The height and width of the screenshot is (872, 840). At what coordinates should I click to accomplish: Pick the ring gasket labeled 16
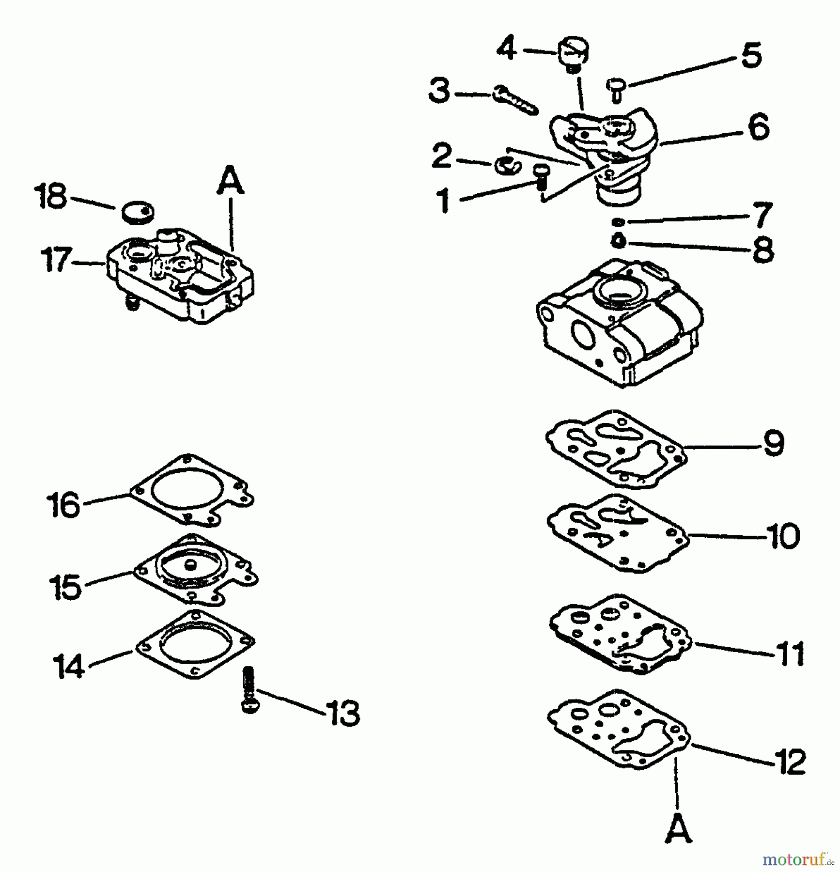coord(191,490)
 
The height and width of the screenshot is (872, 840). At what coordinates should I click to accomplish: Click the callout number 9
coord(773,443)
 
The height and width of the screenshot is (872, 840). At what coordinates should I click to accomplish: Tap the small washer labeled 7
coord(617,222)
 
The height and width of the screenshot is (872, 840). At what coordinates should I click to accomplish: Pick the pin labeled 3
coord(515,100)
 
